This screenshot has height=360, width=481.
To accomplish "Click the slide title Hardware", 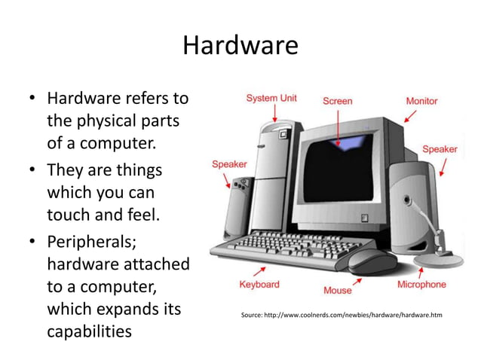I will pos(240,46).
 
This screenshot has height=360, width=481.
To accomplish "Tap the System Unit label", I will pos(271,99).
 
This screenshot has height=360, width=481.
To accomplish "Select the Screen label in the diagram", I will pos(338,101).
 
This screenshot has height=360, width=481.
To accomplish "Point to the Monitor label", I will pos(421,101).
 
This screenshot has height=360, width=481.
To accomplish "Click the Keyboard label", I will pos(259,284).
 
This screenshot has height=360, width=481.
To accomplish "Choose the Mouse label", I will pos(337,290).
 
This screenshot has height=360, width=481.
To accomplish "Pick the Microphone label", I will pos(421,284).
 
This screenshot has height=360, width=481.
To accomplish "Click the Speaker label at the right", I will pos(440,149).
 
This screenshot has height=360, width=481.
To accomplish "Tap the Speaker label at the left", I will pos(229,163).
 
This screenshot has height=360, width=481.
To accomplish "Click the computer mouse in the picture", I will pos(371,260).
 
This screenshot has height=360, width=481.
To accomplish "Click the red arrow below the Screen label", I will pos(339,128).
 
